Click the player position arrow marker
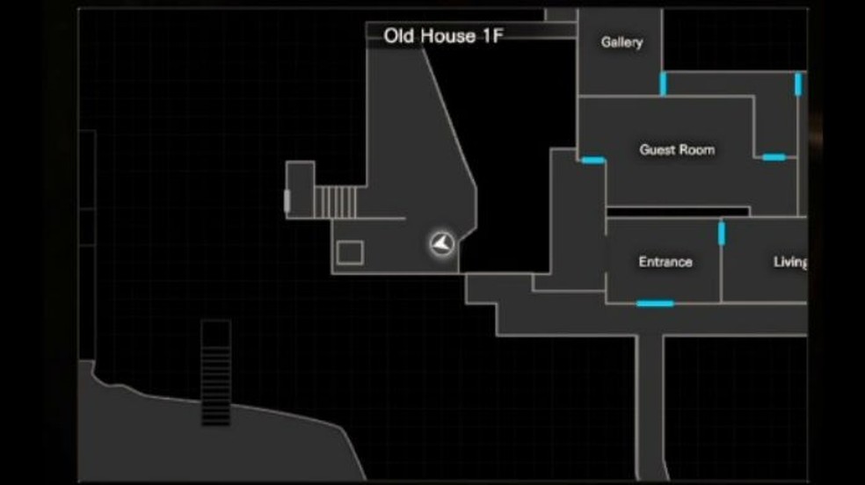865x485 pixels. pos(442,243)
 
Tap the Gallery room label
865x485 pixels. pos(621,41)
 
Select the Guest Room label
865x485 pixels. pos(676,149)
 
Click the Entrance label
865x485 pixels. pos(665,262)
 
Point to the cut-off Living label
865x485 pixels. pos(789,262)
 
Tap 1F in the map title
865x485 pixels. pos(491,36)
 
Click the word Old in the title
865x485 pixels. pos(401,36)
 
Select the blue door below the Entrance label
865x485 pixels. pos(655,303)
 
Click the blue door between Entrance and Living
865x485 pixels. pos(722,233)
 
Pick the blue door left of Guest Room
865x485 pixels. pos(592,160)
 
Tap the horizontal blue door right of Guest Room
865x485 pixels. pos(774,157)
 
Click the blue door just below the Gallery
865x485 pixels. pos(663,83)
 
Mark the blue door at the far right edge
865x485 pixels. pos(798,83)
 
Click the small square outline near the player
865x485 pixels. pos(350,253)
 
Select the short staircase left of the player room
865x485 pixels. pos(336,201)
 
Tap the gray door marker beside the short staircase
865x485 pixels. pos(287,201)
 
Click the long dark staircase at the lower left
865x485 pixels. pos(215,373)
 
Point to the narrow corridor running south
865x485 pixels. pos(651,404)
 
